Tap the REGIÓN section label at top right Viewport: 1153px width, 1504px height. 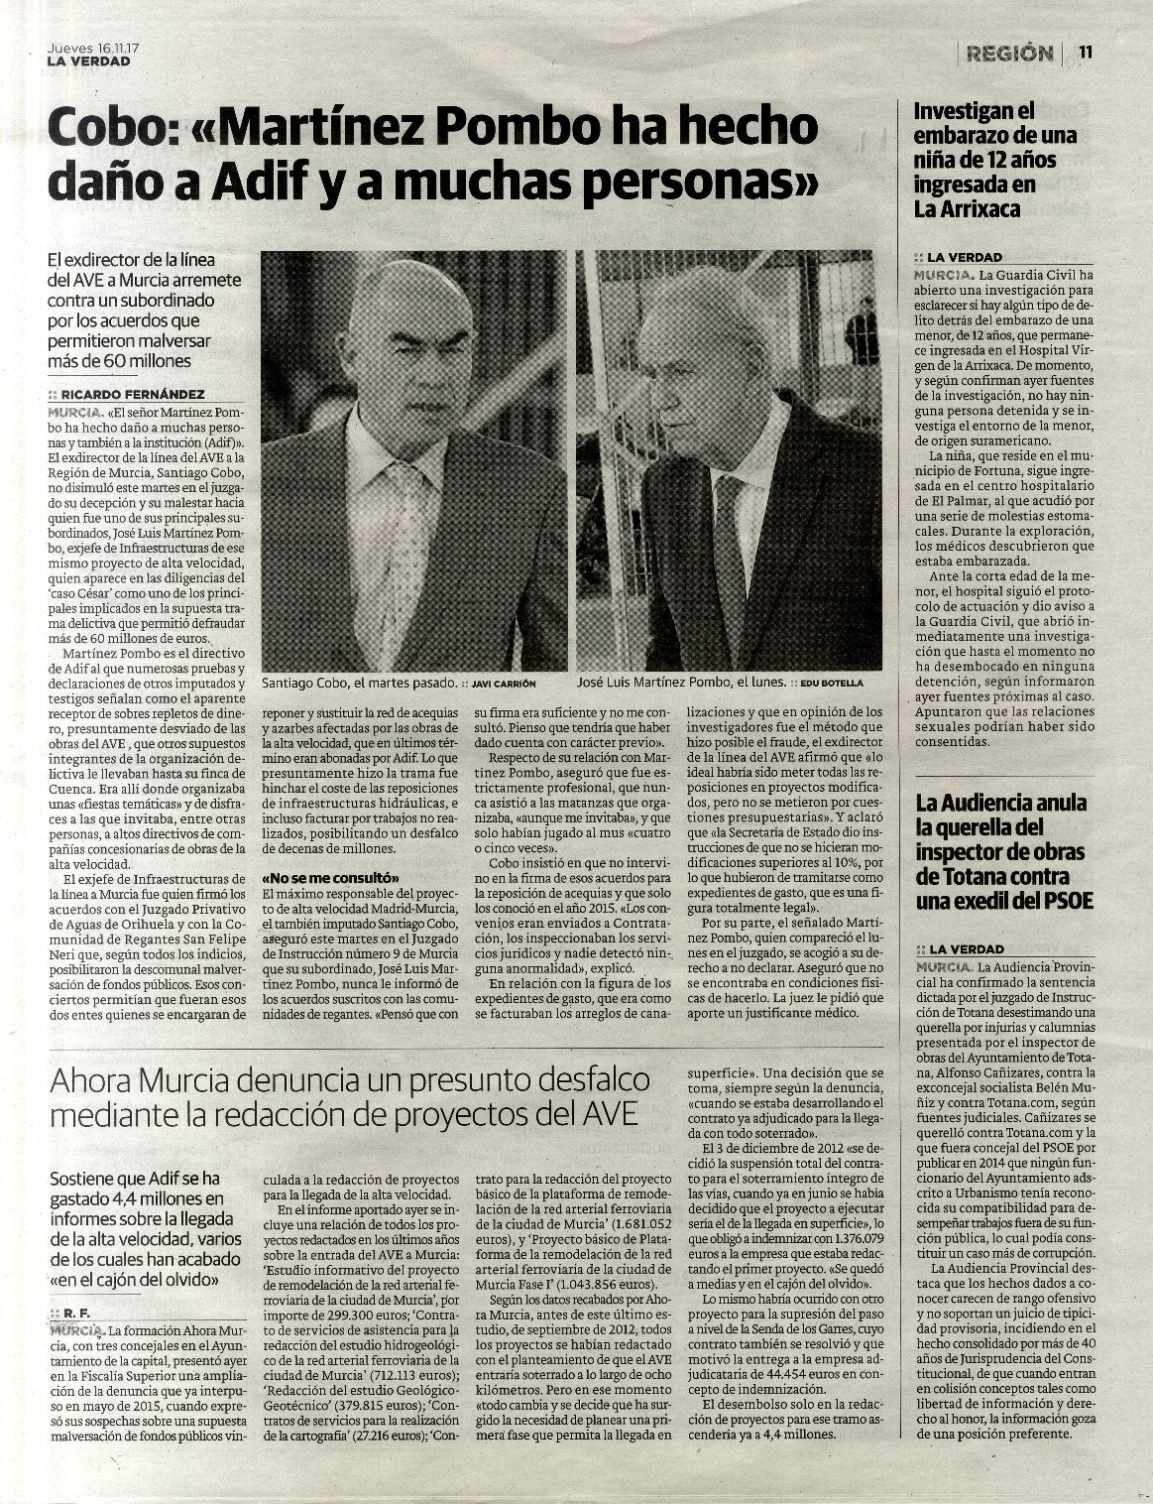point(1009,54)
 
